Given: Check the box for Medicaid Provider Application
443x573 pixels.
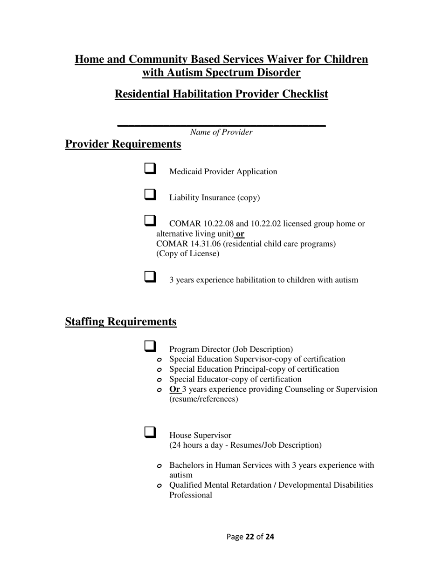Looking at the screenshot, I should pyautogui.click(x=150, y=168).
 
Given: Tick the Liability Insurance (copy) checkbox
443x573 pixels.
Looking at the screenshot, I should pyautogui.click(x=150, y=194).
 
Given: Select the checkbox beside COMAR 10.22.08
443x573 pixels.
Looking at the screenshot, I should pyautogui.click(x=150, y=220).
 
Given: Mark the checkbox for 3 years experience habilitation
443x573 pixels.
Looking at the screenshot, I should pyautogui.click(x=150, y=277).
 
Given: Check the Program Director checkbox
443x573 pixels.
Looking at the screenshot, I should pyautogui.click(x=150, y=346).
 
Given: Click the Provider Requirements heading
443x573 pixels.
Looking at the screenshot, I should pyautogui.click(x=123, y=144).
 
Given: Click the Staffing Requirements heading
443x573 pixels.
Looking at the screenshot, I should pyautogui.click(x=121, y=322).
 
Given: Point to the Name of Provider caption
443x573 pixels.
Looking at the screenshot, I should pyautogui.click(x=221, y=132).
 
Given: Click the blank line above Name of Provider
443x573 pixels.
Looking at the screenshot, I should pyautogui.click(x=221, y=125).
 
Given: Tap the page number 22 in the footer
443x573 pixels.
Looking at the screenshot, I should pyautogui.click(x=249, y=537).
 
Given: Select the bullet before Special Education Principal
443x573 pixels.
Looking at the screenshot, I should pyautogui.click(x=159, y=370).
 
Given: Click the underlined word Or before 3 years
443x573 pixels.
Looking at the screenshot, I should pyautogui.click(x=175, y=389).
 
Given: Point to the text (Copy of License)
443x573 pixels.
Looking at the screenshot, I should pyautogui.click(x=187, y=254).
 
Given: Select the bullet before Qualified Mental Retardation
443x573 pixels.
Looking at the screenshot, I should pyautogui.click(x=159, y=486).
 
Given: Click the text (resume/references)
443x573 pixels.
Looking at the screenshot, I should pyautogui.click(x=203, y=399).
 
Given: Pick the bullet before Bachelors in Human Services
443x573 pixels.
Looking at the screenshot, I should pyautogui.click(x=159, y=466).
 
